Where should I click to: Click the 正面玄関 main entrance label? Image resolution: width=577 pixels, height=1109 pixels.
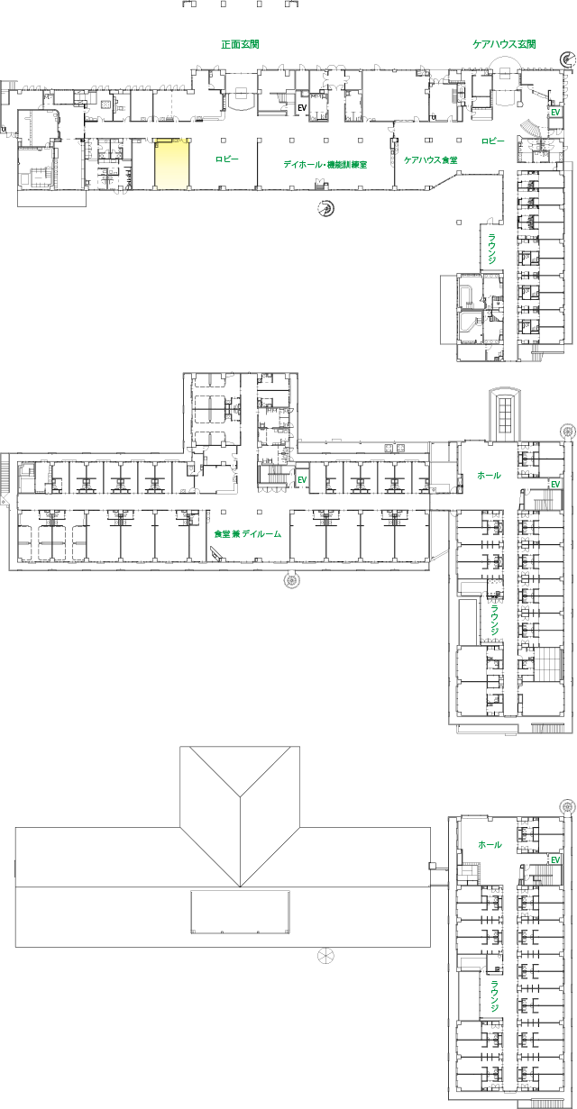pyautogui.click(x=240, y=44)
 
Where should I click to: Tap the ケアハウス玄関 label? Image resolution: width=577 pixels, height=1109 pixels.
pyautogui.click(x=504, y=44)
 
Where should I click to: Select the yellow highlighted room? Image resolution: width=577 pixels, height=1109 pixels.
pyautogui.click(x=171, y=164)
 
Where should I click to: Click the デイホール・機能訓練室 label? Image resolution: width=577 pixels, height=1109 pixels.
pyautogui.click(x=325, y=164)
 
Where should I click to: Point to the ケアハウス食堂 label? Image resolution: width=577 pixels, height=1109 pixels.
pyautogui.click(x=430, y=160)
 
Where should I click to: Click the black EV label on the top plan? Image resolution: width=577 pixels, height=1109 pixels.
pyautogui.click(x=302, y=108)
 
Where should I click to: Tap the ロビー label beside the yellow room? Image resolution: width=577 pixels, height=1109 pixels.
pyautogui.click(x=227, y=159)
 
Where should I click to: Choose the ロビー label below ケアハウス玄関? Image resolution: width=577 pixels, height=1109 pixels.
pyautogui.click(x=493, y=141)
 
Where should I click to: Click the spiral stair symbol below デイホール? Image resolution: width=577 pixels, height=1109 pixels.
pyautogui.click(x=325, y=208)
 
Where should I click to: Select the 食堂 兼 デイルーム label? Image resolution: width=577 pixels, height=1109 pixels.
pyautogui.click(x=248, y=533)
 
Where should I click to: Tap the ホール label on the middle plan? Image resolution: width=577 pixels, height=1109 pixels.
pyautogui.click(x=489, y=476)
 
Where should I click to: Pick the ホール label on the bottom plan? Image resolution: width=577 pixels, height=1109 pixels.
pyautogui.click(x=490, y=845)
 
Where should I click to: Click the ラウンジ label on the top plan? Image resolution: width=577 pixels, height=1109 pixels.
pyautogui.click(x=492, y=249)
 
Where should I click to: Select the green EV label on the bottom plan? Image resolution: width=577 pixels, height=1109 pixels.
pyautogui.click(x=555, y=860)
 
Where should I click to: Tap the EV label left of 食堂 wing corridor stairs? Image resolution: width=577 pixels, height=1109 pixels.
pyautogui.click(x=302, y=480)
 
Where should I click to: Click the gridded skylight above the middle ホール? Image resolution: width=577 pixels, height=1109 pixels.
pyautogui.click(x=505, y=415)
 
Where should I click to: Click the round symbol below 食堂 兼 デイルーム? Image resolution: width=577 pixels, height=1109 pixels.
pyautogui.click(x=292, y=580)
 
